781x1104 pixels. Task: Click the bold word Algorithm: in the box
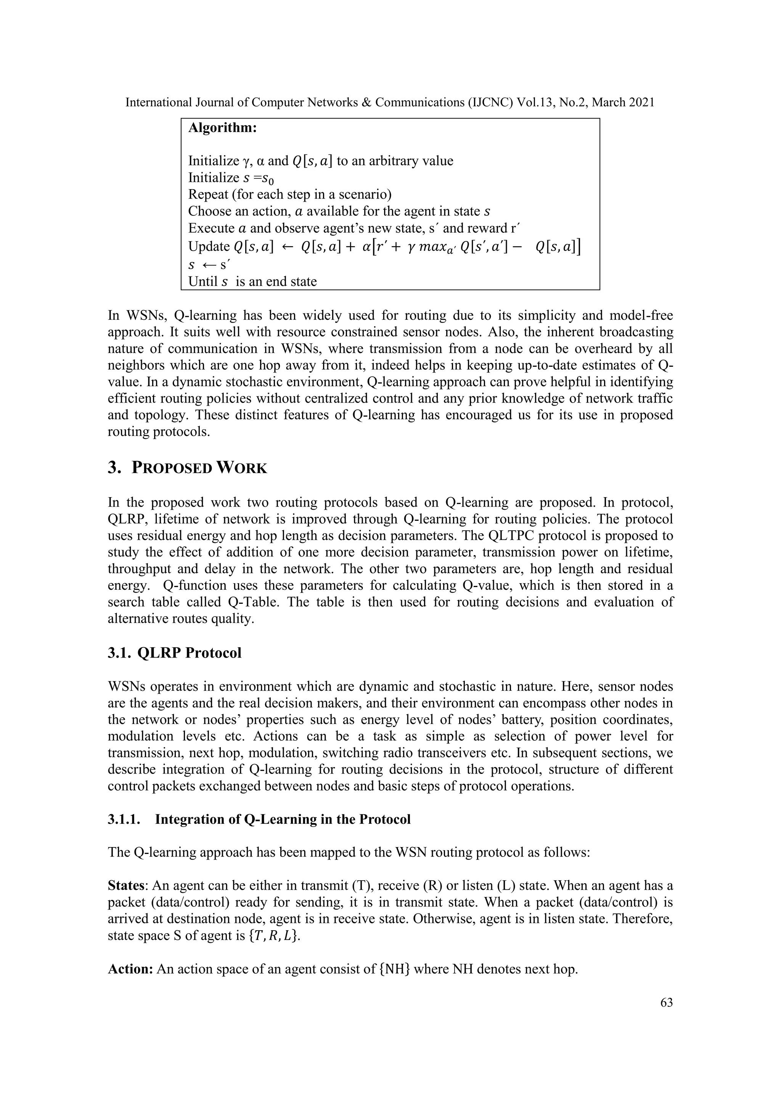tap(222, 128)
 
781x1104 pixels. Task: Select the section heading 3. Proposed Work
tap(188, 467)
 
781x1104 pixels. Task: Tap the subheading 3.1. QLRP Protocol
tap(175, 653)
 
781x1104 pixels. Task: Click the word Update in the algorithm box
tap(209, 247)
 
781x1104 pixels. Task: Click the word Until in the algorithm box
tap(202, 281)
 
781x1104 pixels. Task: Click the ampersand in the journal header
tap(366, 103)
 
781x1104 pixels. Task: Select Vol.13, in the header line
tap(536, 103)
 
